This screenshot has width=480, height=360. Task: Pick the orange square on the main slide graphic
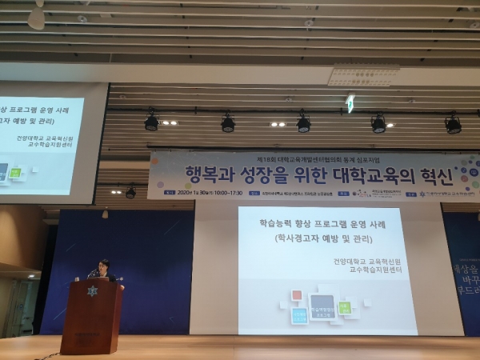(x=298, y=295)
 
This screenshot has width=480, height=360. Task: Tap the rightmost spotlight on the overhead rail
(x=453, y=125)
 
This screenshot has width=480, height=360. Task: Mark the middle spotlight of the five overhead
(x=303, y=124)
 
